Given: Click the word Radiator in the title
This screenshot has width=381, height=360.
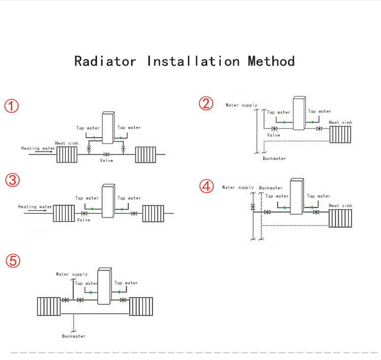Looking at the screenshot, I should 106,61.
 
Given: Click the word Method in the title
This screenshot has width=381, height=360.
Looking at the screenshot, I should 271,61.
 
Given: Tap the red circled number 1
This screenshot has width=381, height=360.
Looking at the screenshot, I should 12,106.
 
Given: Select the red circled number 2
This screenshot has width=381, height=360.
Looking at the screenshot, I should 206,104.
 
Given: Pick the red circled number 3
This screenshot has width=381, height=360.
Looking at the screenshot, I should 13,179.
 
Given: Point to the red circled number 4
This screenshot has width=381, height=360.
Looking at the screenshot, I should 206,186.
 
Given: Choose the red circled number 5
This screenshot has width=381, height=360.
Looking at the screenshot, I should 13,261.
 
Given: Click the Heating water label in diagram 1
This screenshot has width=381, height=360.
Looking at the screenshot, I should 38,148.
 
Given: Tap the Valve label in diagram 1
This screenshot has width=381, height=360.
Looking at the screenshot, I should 106,160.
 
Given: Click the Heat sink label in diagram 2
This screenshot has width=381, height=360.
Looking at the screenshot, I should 340,122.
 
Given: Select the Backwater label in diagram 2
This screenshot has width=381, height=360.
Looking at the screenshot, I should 274,158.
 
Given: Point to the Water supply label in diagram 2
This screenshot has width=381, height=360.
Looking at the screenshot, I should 242,105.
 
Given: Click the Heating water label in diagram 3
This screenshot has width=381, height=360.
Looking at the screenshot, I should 35,207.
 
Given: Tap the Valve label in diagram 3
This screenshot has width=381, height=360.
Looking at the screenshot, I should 83,220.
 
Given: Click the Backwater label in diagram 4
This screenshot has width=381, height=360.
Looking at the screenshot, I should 271,188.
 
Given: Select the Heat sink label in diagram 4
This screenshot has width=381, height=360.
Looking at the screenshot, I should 340,206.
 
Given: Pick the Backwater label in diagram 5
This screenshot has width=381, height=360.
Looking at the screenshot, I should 74,336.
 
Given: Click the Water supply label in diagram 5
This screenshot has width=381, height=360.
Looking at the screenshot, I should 72,274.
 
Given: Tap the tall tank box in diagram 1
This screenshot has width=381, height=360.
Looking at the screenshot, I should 107,127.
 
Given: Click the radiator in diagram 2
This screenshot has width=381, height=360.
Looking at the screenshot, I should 341,135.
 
